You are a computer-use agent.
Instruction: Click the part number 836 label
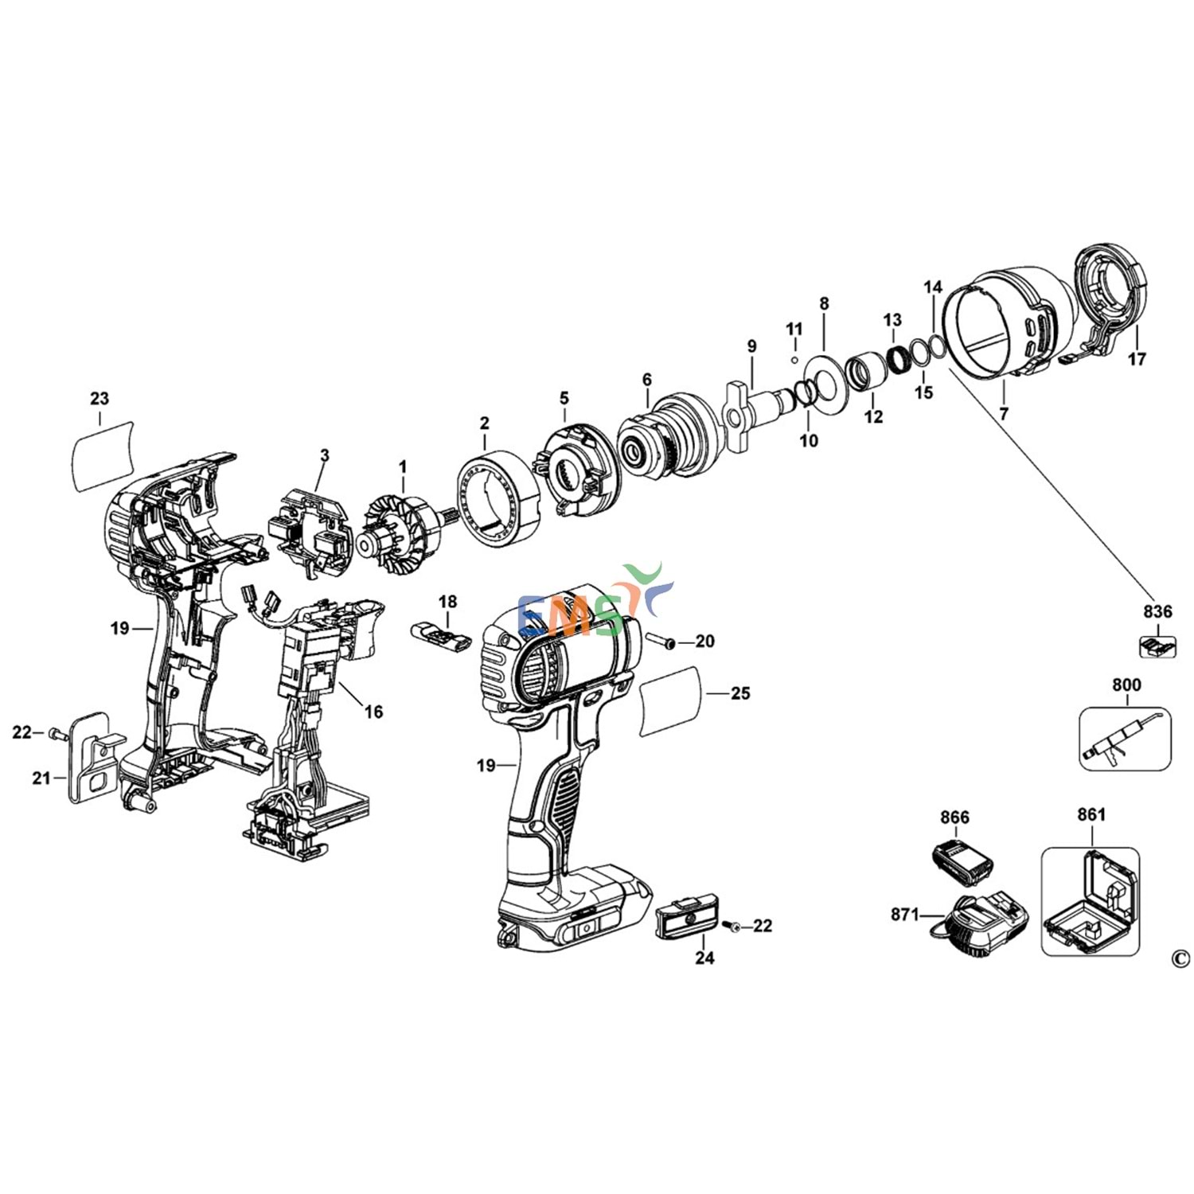click(1157, 611)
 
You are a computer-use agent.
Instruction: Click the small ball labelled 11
click(794, 359)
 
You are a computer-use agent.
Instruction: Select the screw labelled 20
click(660, 641)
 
